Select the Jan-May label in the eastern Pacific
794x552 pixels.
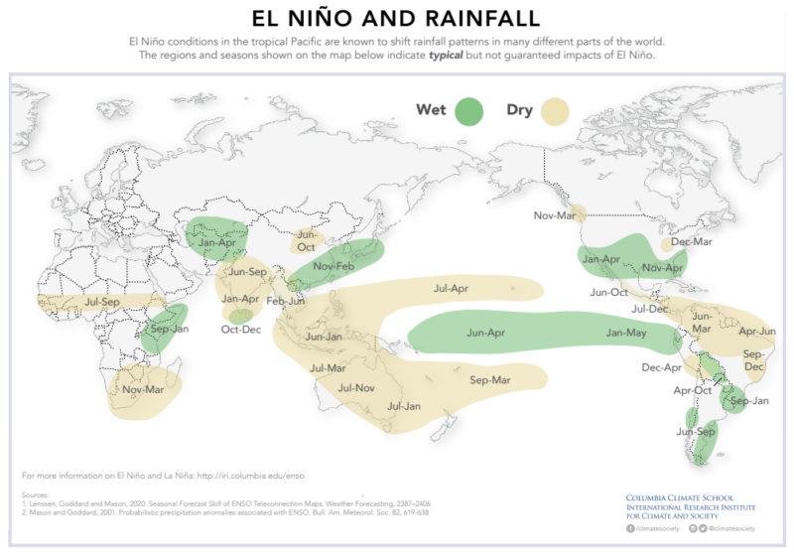(626, 333)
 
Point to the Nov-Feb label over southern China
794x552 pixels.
(334, 266)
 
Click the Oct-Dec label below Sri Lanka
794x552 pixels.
(241, 329)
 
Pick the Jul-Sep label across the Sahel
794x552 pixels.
(102, 301)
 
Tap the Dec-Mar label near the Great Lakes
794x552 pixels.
(691, 242)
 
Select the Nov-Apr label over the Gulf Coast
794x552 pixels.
(663, 268)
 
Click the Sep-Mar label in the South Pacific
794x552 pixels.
(489, 379)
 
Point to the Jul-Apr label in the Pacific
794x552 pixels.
(451, 289)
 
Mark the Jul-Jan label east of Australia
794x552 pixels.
(404, 405)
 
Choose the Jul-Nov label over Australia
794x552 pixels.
(356, 387)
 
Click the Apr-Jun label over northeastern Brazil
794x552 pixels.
(756, 331)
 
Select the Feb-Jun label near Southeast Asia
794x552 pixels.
(285, 301)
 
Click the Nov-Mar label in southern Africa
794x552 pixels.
(144, 389)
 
